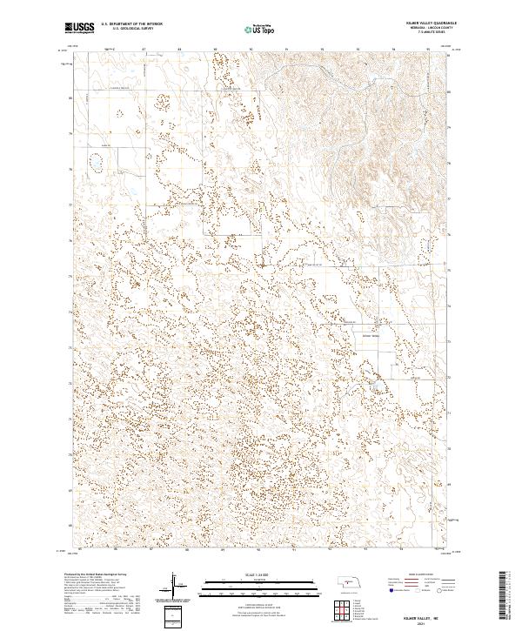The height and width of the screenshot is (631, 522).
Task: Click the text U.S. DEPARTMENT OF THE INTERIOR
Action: pos(130,24)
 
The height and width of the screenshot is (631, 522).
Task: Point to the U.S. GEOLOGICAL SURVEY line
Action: pos(127,29)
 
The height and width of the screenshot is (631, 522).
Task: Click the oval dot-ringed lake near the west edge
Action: pos(96,161)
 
